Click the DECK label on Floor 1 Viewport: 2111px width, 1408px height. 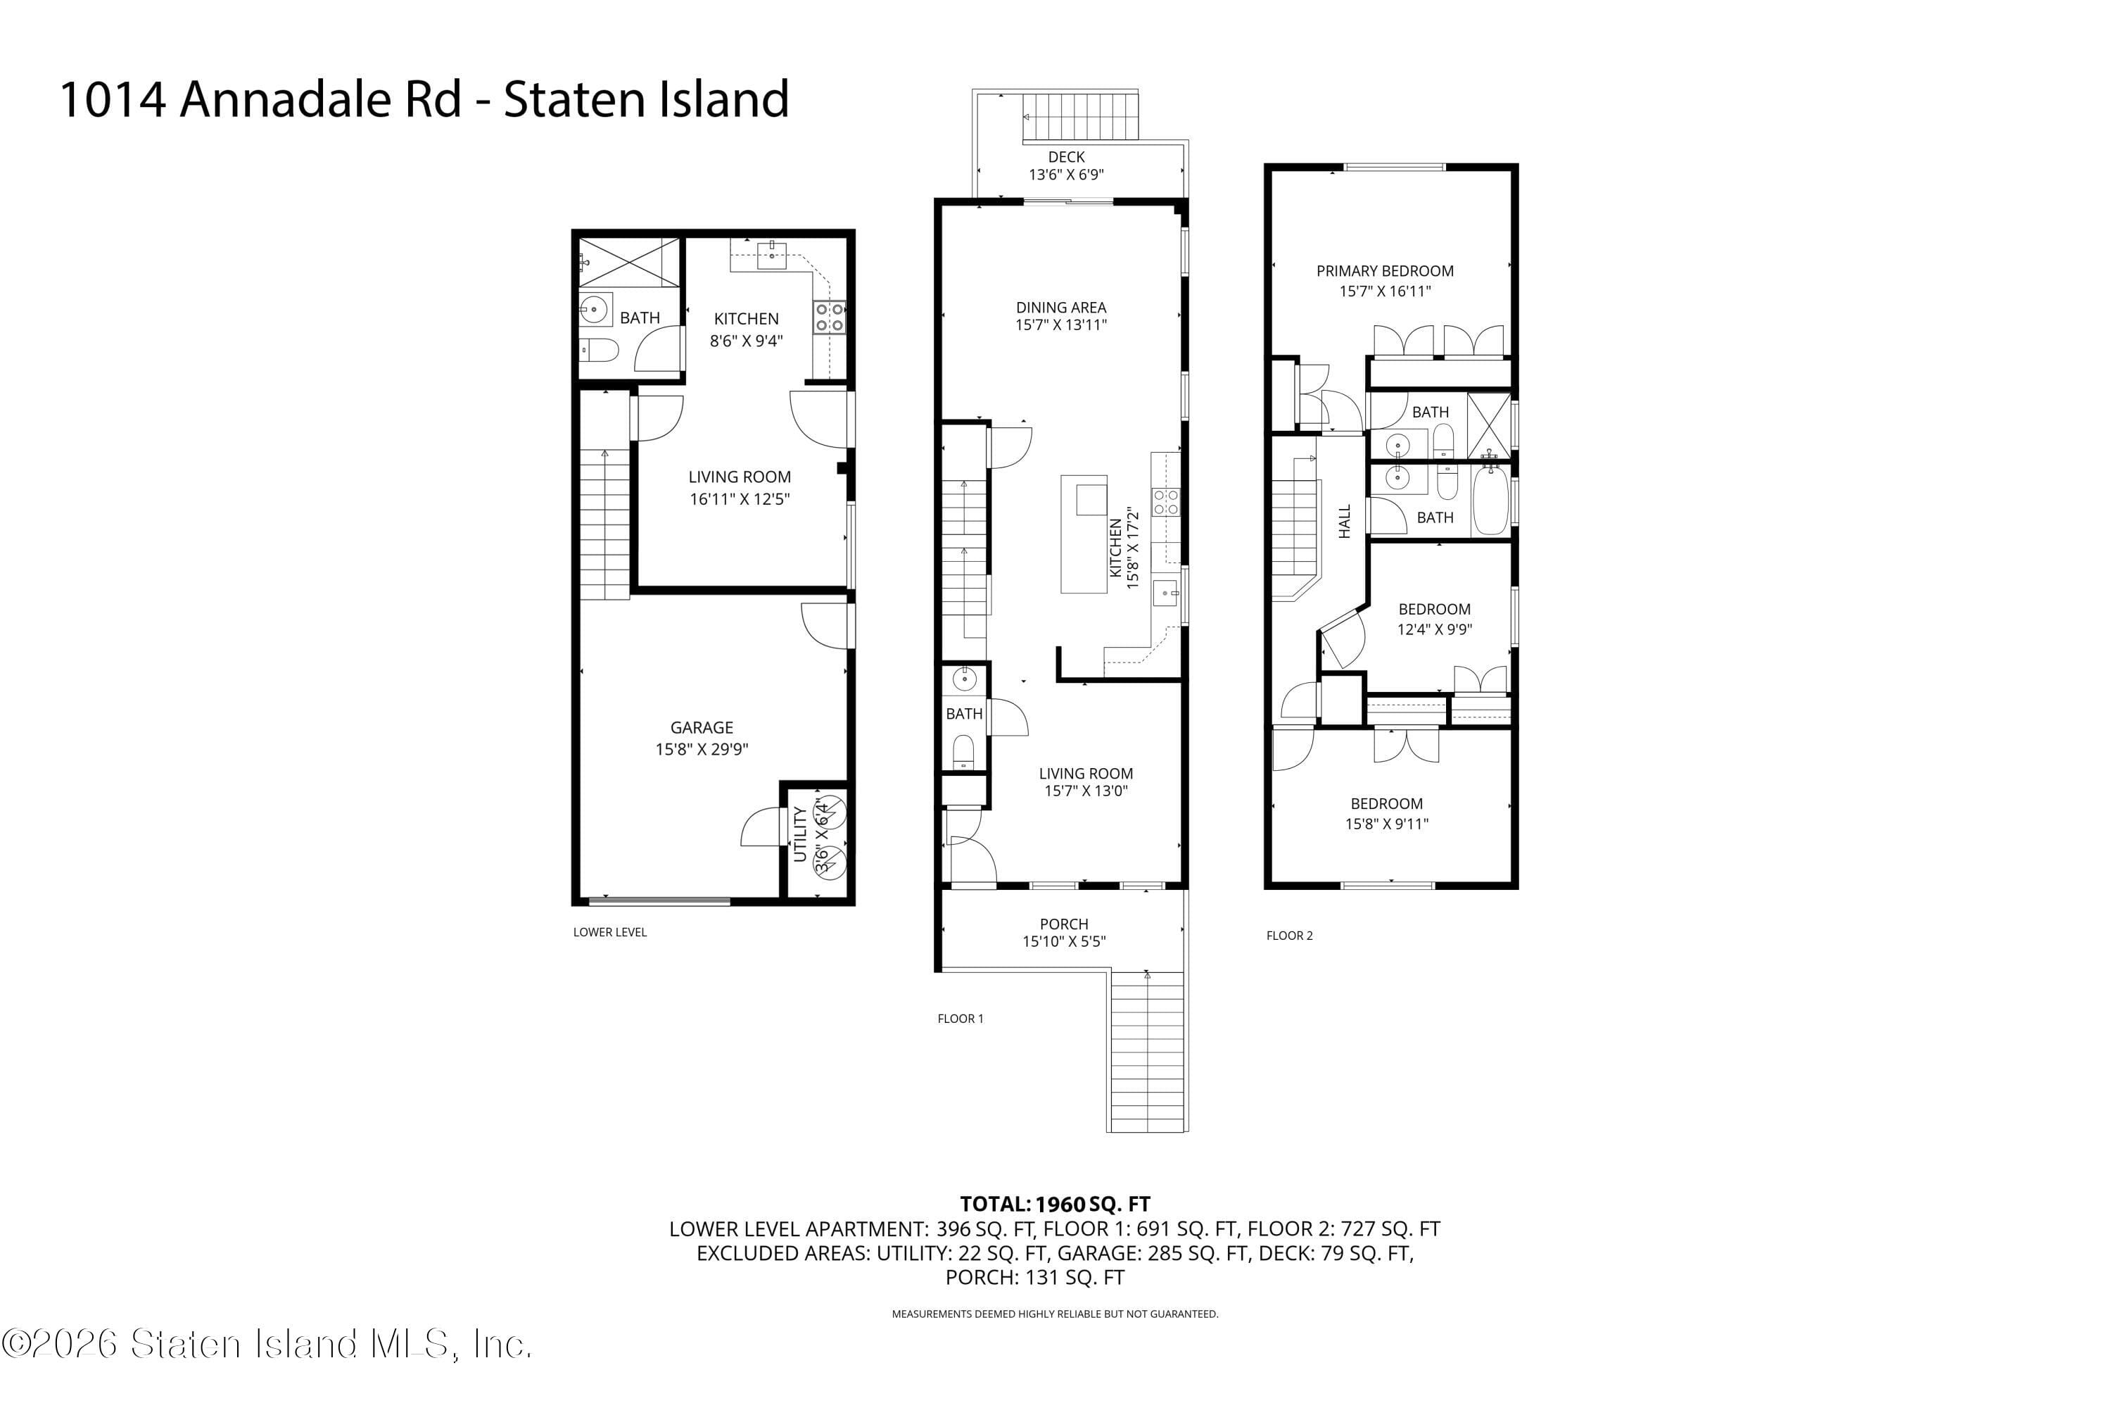(x=1066, y=157)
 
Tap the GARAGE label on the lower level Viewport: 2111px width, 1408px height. (x=702, y=727)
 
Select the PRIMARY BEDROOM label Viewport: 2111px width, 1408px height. (x=1385, y=270)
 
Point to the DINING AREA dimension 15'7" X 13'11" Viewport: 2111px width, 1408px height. (x=1061, y=325)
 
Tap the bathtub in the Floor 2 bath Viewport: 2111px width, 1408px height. (x=1491, y=500)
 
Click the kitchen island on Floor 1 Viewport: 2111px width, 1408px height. (x=1084, y=534)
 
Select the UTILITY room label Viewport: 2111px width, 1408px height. (x=799, y=834)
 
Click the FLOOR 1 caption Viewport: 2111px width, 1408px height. (x=961, y=1018)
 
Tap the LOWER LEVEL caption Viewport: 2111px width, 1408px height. (x=610, y=932)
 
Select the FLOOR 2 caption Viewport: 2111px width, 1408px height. (x=1290, y=936)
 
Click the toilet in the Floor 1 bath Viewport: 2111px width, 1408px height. (x=964, y=750)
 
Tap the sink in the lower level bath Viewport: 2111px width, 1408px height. (x=594, y=310)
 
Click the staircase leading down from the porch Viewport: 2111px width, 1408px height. (x=1147, y=1050)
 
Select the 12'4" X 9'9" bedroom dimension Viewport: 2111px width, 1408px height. (x=1434, y=629)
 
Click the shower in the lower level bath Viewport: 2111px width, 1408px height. (x=629, y=262)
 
